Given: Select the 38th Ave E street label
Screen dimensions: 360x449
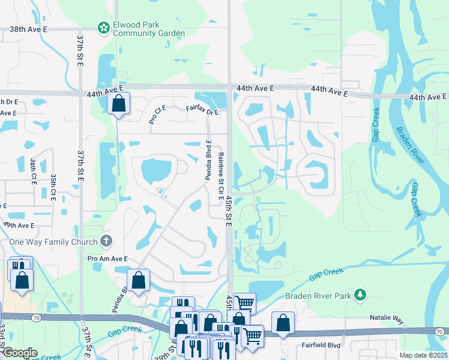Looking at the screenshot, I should coord(37,29).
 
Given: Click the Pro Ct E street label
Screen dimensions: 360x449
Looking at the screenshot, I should coord(157,114).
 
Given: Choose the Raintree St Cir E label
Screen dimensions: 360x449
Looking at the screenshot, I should coord(220,171).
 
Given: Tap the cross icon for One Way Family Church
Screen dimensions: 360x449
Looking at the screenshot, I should coord(106,241).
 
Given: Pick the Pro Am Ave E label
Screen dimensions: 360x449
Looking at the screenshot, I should coord(108,259).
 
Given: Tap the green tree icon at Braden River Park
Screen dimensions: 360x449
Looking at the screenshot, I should coord(360,294).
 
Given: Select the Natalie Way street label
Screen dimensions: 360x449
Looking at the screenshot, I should coord(386,320).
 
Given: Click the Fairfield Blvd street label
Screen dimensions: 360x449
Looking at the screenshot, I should coord(318,344).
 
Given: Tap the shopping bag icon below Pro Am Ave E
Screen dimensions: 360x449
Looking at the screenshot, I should coord(138,280).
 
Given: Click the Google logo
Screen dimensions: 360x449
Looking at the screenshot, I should coord(20,353).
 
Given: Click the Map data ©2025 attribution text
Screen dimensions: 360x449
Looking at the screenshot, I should coord(423,355).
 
